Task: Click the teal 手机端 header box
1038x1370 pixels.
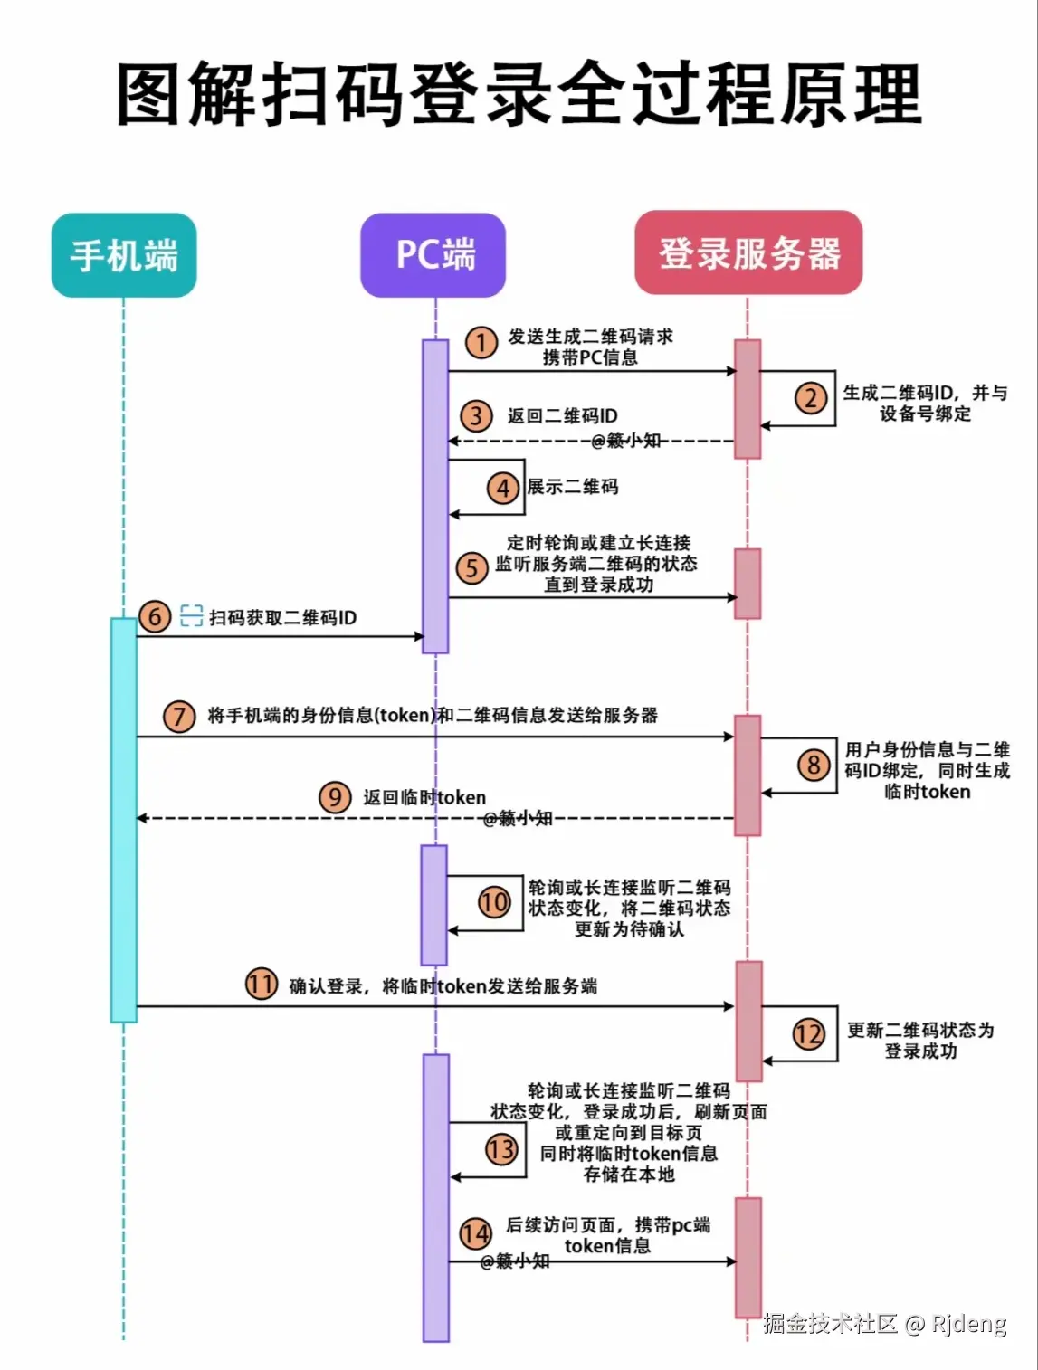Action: tap(124, 255)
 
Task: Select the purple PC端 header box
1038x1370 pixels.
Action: tap(433, 255)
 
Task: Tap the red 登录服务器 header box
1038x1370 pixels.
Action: tap(748, 253)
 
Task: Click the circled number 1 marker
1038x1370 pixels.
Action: tap(481, 343)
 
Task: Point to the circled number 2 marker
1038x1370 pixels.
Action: tap(811, 397)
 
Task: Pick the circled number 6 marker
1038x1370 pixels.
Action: tap(155, 617)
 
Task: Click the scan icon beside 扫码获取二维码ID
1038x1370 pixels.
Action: tap(191, 616)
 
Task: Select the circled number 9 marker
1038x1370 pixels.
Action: tap(335, 797)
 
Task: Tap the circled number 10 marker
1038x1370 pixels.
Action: tap(494, 902)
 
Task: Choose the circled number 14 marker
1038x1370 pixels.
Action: tap(476, 1233)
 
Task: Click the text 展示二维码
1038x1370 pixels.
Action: tap(573, 487)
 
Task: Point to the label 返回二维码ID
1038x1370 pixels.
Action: tap(562, 416)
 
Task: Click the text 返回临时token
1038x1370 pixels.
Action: tap(424, 797)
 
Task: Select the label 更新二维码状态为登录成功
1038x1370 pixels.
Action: tap(920, 1041)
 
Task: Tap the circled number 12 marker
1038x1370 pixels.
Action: tap(808, 1033)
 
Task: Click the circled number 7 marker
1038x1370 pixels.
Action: tap(179, 717)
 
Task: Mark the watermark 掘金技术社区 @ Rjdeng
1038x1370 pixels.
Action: tap(884, 1324)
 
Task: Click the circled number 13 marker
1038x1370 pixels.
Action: tap(500, 1149)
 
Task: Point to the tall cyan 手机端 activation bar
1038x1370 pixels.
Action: tap(124, 819)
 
